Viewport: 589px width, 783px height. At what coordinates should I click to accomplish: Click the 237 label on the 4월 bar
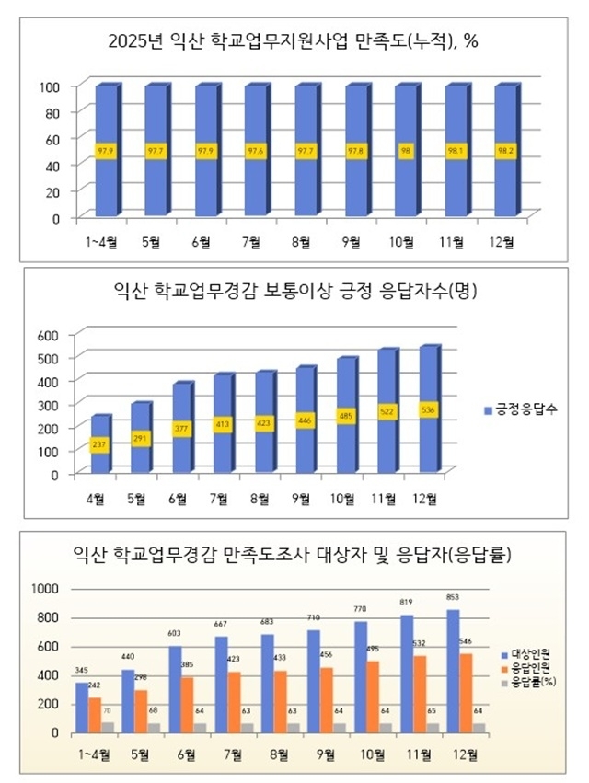click(101, 446)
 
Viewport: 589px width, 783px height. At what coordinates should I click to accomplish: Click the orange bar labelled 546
click(467, 692)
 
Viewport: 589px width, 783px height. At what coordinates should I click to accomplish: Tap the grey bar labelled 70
click(108, 727)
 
